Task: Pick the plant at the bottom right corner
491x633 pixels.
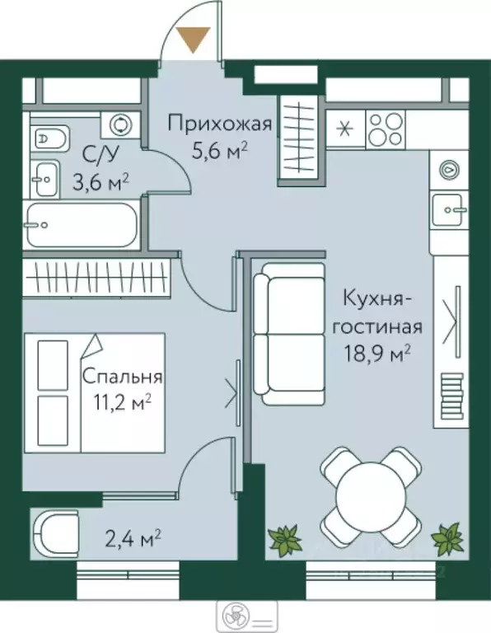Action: tap(448, 539)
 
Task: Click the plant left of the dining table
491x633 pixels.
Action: tap(285, 540)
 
